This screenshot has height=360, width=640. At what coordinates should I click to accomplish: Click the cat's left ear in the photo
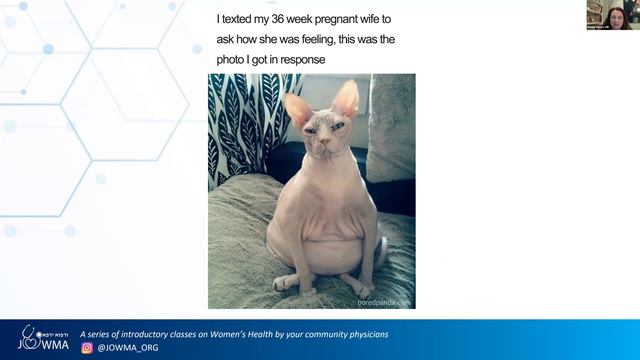[x=297, y=108]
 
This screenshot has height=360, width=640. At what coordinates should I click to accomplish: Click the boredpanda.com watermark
[x=385, y=301]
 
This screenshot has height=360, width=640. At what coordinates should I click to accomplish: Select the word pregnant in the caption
[x=334, y=19]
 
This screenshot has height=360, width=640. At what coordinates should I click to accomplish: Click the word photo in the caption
[x=234, y=60]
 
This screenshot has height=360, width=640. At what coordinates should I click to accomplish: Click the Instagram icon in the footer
[x=87, y=348]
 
